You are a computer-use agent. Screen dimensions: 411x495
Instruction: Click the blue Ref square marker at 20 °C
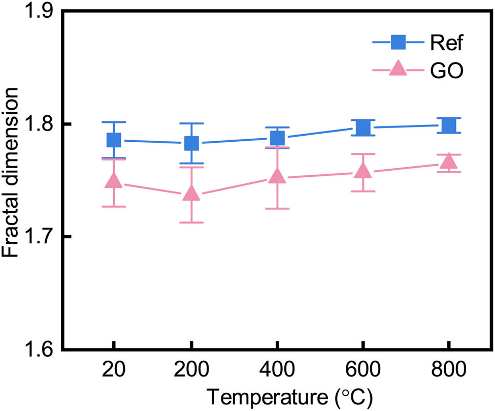click(114, 140)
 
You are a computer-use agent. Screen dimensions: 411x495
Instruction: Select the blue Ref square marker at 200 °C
click(191, 144)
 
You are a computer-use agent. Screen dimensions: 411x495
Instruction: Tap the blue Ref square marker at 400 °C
click(277, 138)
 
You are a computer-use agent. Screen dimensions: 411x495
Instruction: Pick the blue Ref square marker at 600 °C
click(362, 128)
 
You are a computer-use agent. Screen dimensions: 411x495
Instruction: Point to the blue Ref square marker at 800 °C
click(448, 125)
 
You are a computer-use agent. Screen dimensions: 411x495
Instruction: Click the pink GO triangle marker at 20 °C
click(114, 181)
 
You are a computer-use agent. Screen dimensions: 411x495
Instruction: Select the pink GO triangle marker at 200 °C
click(191, 194)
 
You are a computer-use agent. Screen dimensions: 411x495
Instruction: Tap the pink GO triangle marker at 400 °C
click(277, 177)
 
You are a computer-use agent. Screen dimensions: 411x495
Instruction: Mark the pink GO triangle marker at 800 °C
click(448, 162)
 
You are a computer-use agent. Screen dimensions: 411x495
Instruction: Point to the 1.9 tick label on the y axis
click(38, 11)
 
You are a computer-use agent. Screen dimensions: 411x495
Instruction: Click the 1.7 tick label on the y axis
click(38, 237)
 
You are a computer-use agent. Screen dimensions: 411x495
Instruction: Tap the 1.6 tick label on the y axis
click(38, 350)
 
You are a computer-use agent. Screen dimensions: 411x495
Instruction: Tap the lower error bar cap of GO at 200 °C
click(191, 223)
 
